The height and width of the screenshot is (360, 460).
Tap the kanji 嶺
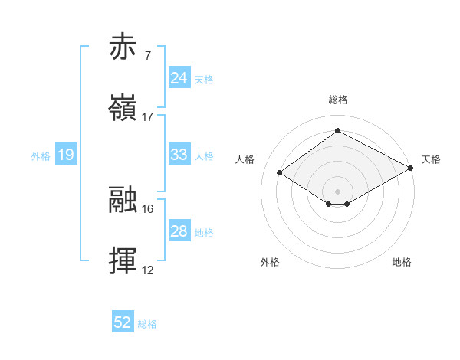pyautogui.click(x=123, y=108)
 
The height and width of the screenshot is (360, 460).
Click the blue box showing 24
pyautogui.click(x=179, y=78)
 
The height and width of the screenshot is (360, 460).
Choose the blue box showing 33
pyautogui.click(x=179, y=155)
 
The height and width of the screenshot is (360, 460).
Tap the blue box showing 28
pyautogui.click(x=179, y=231)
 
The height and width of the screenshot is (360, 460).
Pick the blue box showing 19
pyautogui.click(x=65, y=155)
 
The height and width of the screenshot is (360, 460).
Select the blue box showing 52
pyautogui.click(x=123, y=322)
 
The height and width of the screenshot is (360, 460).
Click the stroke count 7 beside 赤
pyautogui.click(x=147, y=56)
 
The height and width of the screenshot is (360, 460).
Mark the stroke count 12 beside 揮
pyautogui.click(x=148, y=270)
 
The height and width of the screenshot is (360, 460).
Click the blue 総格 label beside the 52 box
pyautogui.click(x=147, y=324)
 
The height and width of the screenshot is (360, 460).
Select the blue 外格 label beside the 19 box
pyautogui.click(x=41, y=156)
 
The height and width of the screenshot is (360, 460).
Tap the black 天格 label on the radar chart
pyautogui.click(x=431, y=159)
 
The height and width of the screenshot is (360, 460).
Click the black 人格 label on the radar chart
pyautogui.click(x=245, y=159)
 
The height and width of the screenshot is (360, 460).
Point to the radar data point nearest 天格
pyautogui.click(x=412, y=168)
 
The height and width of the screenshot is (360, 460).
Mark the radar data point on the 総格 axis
pyautogui.click(x=337, y=130)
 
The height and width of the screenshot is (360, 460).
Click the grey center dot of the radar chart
pyautogui.click(x=337, y=191)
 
